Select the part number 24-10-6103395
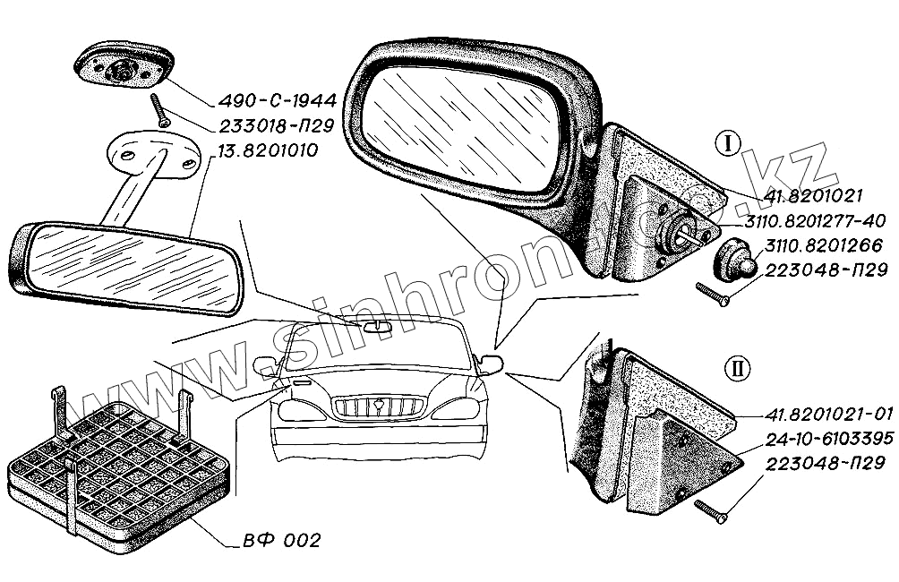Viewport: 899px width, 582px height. coord(826,440)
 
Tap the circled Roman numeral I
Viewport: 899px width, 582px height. coord(726,144)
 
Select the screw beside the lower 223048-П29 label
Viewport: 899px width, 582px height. coord(713,509)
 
